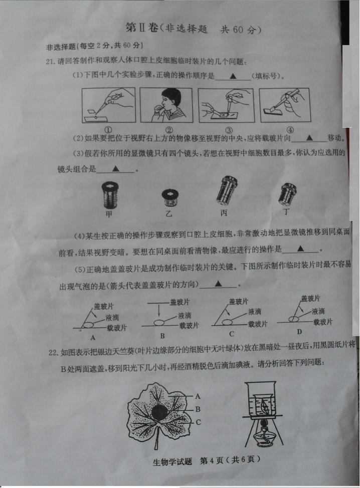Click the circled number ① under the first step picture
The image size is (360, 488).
108,130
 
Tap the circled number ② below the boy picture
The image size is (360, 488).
169,130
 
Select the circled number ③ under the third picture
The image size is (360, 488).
229,130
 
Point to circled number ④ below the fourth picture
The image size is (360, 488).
290,130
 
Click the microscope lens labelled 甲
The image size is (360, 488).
110,195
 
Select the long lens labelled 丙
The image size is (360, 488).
227,190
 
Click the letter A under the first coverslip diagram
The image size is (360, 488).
93,337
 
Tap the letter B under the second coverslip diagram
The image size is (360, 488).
162,336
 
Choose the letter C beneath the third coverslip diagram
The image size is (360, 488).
231,334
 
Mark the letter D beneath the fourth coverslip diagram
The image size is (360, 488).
299,332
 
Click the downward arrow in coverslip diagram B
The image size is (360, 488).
159,311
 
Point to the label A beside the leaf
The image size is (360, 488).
198,396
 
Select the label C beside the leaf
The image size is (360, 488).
198,422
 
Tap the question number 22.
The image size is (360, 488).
53,352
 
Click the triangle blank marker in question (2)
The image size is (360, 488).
309,138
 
